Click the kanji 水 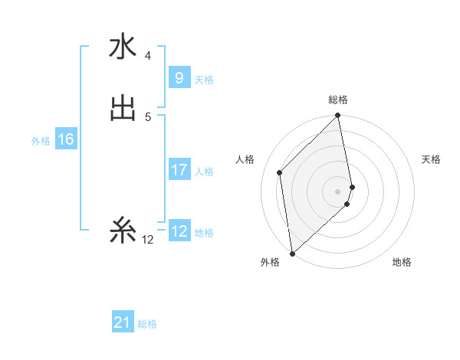(122, 47)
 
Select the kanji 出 (122, 108)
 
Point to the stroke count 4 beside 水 (147, 55)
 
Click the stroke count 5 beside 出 (147, 116)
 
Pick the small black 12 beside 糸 (147, 240)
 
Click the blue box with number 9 (179, 78)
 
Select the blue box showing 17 (179, 170)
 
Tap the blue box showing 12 (179, 231)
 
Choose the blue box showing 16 (65, 139)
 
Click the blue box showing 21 (123, 323)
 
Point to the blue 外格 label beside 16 (41, 141)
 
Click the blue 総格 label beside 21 (147, 325)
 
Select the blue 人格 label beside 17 (205, 172)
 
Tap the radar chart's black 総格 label (338, 100)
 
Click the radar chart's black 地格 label (402, 263)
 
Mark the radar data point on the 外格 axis (292, 253)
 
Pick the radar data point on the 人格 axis (280, 172)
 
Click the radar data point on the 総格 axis (338, 116)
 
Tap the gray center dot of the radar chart (338, 191)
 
